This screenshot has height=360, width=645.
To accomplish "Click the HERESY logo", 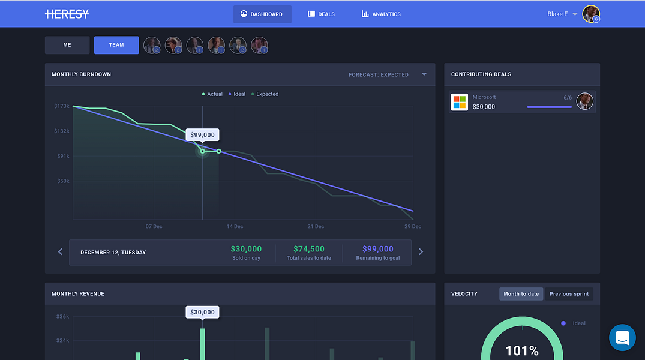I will [x=67, y=14].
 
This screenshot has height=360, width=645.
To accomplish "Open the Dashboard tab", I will [x=262, y=14].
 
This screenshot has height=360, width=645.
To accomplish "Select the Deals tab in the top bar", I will [x=322, y=14].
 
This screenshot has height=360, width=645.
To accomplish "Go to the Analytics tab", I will [x=381, y=14].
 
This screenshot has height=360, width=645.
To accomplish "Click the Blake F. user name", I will [x=557, y=14].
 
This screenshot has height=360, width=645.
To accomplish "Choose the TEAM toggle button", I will [x=116, y=45].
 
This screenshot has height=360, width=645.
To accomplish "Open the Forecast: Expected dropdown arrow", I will [x=424, y=74].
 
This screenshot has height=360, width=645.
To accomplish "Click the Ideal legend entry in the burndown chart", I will [x=237, y=94].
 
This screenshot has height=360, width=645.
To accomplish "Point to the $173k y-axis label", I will [x=62, y=106].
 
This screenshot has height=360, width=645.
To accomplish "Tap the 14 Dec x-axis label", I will [x=235, y=226].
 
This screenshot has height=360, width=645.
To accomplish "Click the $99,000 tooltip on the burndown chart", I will [x=202, y=135].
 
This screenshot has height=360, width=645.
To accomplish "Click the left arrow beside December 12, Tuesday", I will [x=60, y=252].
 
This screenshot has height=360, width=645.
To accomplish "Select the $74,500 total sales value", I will [x=309, y=249].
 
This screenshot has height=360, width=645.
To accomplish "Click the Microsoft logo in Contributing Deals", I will [x=460, y=102].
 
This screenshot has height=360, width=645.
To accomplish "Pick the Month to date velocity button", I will [x=521, y=294].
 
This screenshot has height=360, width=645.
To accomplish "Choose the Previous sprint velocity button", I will [x=569, y=294].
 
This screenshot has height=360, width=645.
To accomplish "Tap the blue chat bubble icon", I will [x=622, y=337].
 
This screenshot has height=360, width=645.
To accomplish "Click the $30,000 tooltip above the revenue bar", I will [x=202, y=312].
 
